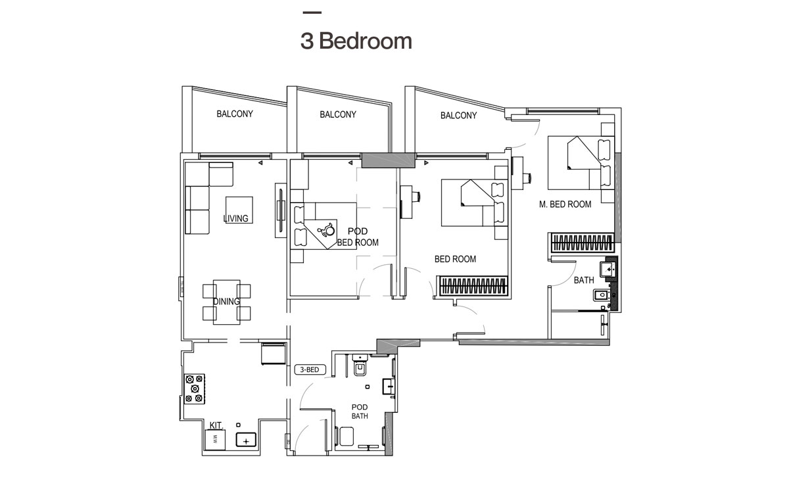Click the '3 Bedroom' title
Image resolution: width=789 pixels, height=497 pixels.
point(356,41)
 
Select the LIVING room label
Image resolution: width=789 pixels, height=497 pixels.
point(235,218)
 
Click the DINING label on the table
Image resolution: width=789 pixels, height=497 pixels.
point(226,301)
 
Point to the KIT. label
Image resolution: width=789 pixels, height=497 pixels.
point(216,426)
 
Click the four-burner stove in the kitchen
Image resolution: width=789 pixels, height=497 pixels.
point(195,388)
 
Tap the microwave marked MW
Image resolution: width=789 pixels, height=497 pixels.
point(215,440)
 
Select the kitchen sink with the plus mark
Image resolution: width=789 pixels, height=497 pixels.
point(246,440)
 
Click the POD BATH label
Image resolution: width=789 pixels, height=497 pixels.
point(359,412)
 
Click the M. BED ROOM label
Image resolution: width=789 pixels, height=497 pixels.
point(565,204)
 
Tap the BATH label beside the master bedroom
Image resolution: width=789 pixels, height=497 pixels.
point(583,280)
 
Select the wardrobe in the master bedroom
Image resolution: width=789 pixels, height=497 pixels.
point(583,243)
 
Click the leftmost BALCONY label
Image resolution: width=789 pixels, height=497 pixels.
point(235,114)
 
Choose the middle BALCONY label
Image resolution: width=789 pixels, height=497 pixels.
point(338,114)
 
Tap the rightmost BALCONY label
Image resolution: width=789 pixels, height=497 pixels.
point(458,115)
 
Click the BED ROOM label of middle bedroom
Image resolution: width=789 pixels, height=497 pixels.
point(455,259)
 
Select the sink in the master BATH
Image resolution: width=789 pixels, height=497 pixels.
point(609,269)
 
